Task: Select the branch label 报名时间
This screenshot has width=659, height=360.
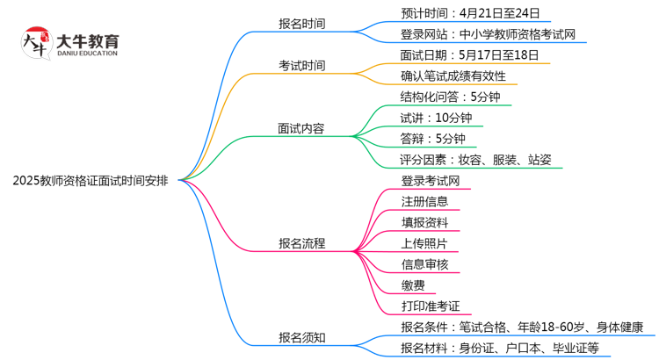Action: pyautogui.click(x=301, y=24)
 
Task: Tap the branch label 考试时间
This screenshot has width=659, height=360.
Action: pyautogui.click(x=301, y=66)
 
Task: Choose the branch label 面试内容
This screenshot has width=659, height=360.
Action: pyautogui.click(x=301, y=128)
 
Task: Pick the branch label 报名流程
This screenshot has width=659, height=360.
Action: pyautogui.click(x=301, y=243)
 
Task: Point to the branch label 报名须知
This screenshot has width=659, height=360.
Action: pyautogui.click(x=301, y=336)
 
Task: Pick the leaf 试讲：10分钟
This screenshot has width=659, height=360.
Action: pyautogui.click(x=436, y=118)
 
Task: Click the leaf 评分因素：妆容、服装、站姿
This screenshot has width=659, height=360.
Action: pyautogui.click(x=475, y=160)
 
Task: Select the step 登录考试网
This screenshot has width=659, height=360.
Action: pyautogui.click(x=431, y=181)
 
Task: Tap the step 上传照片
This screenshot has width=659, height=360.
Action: pyautogui.click(x=424, y=243)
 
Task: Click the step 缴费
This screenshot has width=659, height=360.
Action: pyautogui.click(x=412, y=285)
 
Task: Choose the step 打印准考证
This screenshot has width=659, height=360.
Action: pyautogui.click(x=431, y=306)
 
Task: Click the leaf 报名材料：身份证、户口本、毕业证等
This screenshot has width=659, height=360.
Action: pyautogui.click(x=498, y=349)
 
